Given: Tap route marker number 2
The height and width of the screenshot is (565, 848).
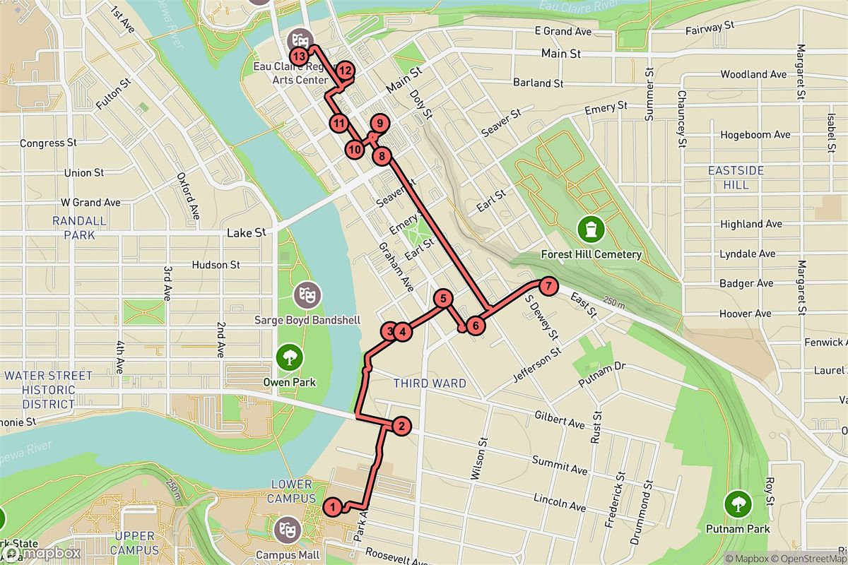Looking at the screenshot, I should point(401,426).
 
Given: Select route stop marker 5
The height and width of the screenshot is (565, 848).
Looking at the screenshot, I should point(443,299).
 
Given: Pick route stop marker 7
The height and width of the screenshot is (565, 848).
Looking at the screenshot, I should point(548,287).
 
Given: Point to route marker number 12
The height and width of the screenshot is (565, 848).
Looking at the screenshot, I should point(345,71).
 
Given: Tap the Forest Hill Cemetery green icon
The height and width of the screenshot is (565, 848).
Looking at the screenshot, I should point(590,229).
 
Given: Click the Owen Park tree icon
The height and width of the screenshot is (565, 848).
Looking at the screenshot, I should point(289,357).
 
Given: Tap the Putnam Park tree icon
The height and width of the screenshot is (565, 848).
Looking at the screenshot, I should point(738,504).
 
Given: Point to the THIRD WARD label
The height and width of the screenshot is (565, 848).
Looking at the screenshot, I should point(430,383).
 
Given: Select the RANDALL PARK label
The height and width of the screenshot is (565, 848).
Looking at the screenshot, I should point(79,227).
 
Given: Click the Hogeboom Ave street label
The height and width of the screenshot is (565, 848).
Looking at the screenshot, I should point(755,134).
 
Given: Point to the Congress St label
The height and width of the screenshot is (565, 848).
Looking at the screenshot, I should point(48,143).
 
